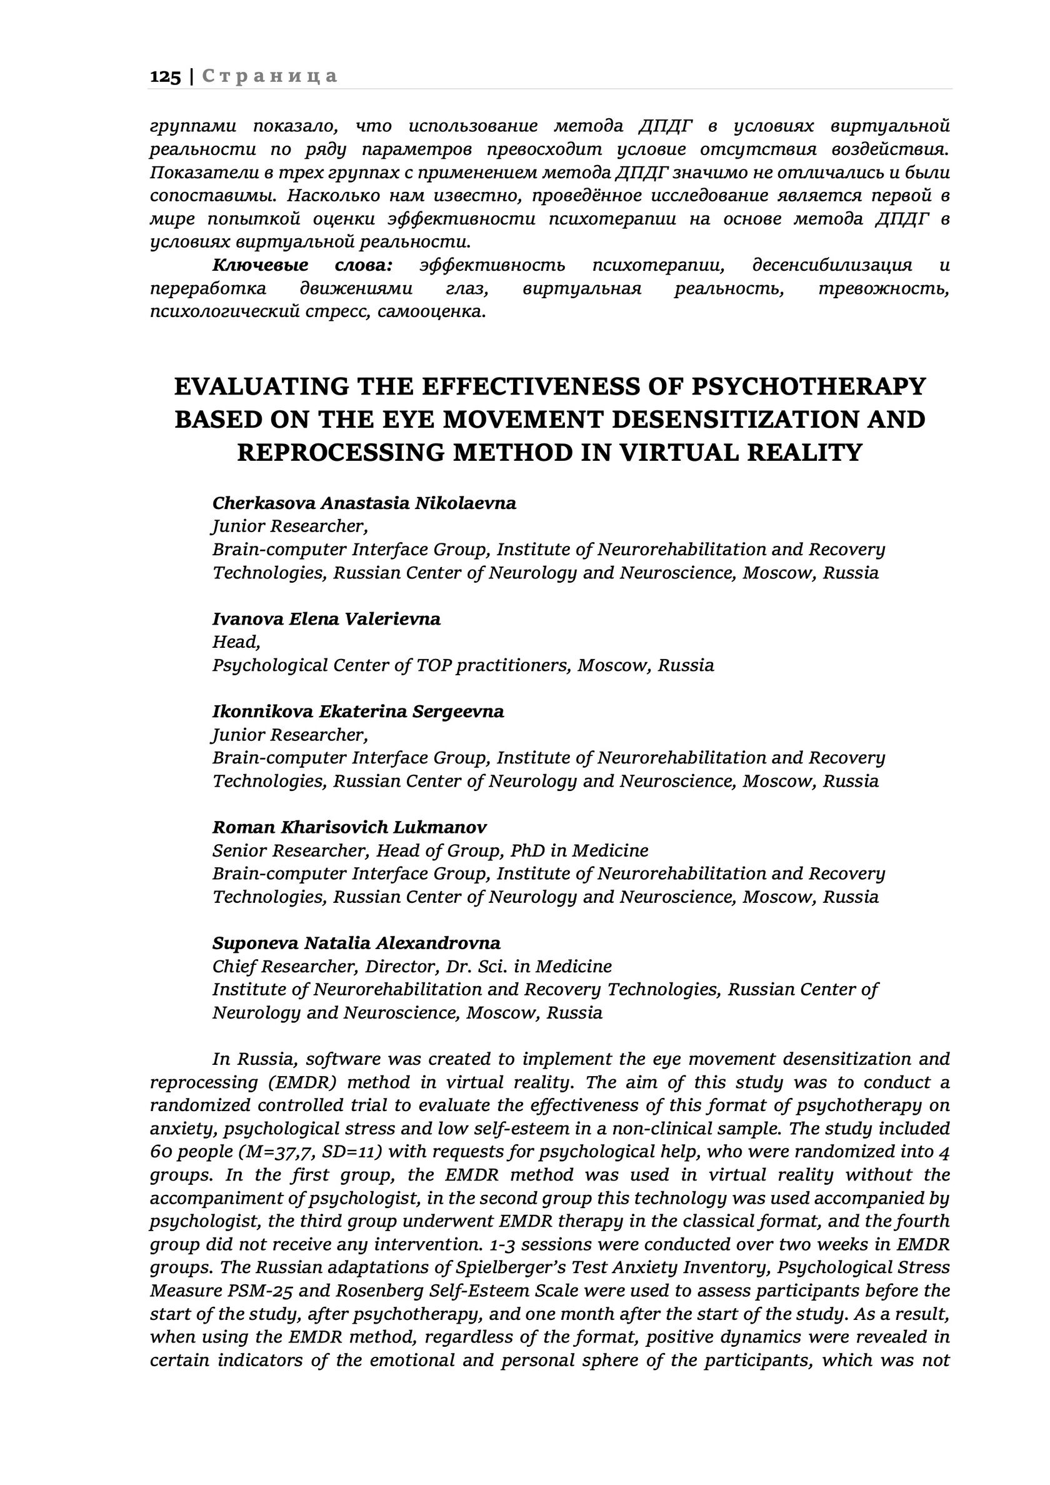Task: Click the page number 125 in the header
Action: (165, 76)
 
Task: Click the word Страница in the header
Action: (269, 76)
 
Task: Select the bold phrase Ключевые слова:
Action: (302, 265)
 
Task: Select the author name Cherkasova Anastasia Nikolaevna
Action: (364, 503)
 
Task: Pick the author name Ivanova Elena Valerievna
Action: (326, 619)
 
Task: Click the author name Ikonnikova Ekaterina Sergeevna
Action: (357, 712)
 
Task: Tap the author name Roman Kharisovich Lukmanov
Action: (349, 827)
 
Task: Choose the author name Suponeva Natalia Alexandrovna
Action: (356, 943)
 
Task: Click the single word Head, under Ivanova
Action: (236, 642)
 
